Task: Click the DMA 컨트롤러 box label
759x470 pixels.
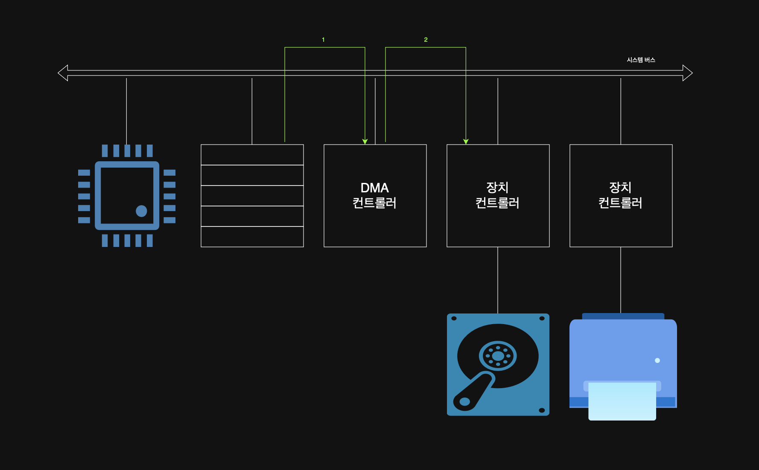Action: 375,195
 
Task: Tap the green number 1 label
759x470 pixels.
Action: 323,40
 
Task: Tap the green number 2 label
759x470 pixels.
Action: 426,40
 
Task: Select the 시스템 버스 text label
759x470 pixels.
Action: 641,60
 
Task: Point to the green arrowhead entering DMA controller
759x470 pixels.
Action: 365,141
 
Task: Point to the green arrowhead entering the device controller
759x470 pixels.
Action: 466,141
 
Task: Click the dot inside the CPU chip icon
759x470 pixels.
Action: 141,211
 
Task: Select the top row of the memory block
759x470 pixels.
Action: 252,155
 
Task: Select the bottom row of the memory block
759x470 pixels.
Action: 252,237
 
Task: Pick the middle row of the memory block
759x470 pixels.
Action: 252,196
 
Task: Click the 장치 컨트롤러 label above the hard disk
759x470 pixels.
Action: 498,195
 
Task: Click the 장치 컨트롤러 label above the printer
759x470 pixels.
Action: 621,195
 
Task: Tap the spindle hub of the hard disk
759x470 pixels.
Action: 498,356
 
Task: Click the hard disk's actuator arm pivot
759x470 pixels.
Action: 465,401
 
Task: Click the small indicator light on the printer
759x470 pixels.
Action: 657,360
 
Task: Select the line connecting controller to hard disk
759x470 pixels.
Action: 498,280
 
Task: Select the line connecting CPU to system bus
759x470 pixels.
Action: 126,111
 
